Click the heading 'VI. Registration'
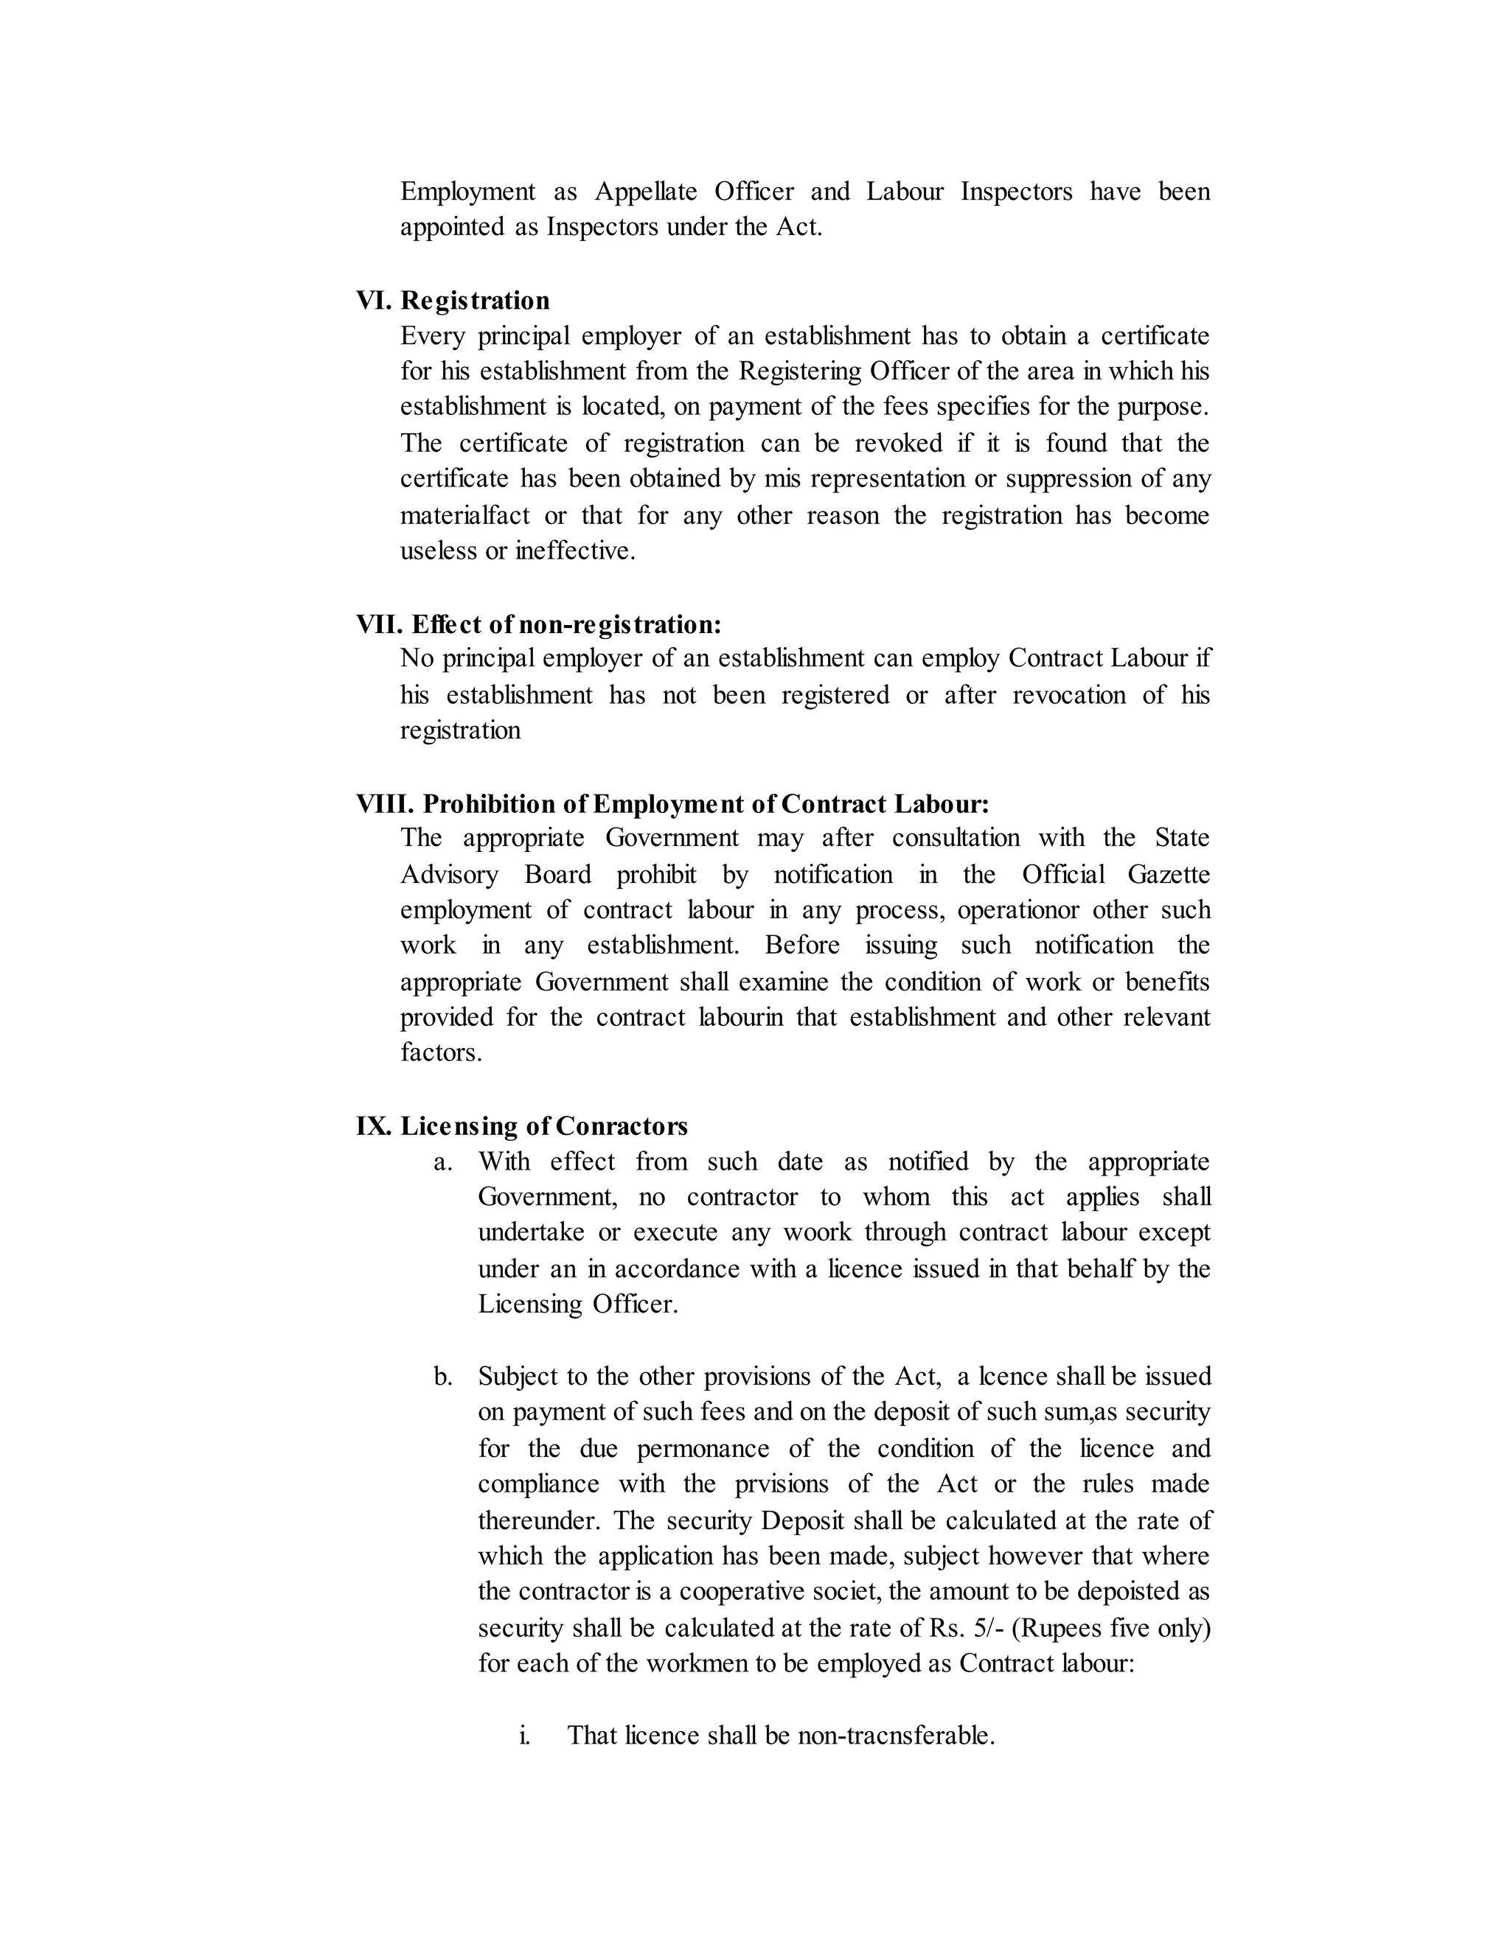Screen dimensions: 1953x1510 click(x=453, y=301)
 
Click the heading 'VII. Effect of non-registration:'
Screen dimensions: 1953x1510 click(x=538, y=623)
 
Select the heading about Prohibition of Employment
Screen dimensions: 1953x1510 click(x=672, y=804)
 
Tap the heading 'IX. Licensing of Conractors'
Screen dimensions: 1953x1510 click(x=521, y=1126)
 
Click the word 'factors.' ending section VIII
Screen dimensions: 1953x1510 click(x=441, y=1052)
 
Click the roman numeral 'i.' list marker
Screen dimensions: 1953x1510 click(x=525, y=1735)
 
